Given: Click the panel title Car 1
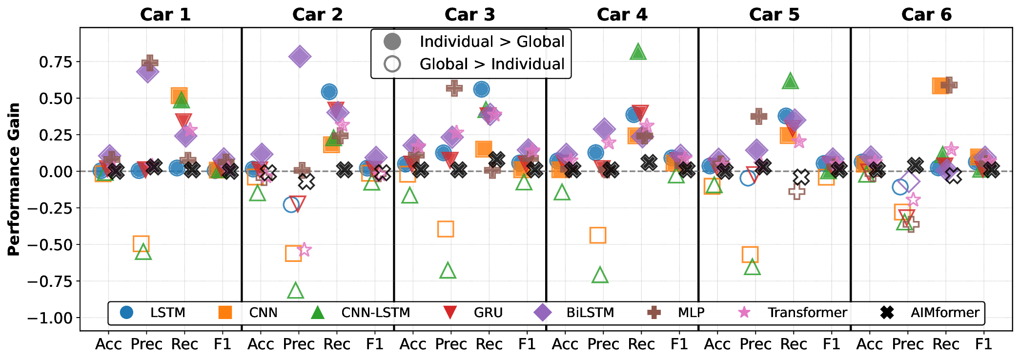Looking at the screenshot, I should click(165, 15).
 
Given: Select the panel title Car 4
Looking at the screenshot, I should click(622, 15).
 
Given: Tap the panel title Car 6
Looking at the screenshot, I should click(926, 15).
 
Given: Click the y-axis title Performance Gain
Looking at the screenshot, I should click(14, 179).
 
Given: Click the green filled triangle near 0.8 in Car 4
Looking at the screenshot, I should click(638, 51).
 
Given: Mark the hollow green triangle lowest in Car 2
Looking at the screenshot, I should click(295, 291).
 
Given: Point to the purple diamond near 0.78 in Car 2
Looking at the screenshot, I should click(299, 57).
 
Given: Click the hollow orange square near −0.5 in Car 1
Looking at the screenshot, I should click(141, 243).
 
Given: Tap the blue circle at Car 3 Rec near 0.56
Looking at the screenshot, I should click(481, 89).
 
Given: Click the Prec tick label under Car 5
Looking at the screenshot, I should click(755, 344).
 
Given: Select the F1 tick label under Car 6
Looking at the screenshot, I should click(983, 344).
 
